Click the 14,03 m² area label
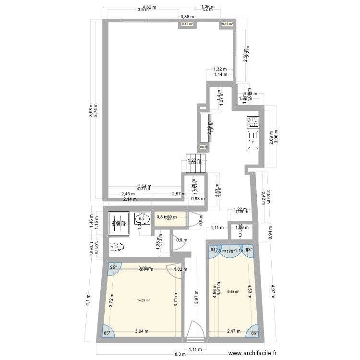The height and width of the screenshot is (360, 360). point(143,301)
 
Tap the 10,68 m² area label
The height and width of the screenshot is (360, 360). point(233,291)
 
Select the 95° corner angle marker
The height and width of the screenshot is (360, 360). point(114,268)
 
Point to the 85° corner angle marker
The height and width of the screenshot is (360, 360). point(107,332)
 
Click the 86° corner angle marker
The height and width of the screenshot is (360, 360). point(254,332)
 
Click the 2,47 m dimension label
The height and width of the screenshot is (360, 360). point(232,331)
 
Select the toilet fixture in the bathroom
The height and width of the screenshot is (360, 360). point(117,247)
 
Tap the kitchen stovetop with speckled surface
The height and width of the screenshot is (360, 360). point(252,122)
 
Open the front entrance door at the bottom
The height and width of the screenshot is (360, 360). point(195,332)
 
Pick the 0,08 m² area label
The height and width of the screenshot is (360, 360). point(203,147)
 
